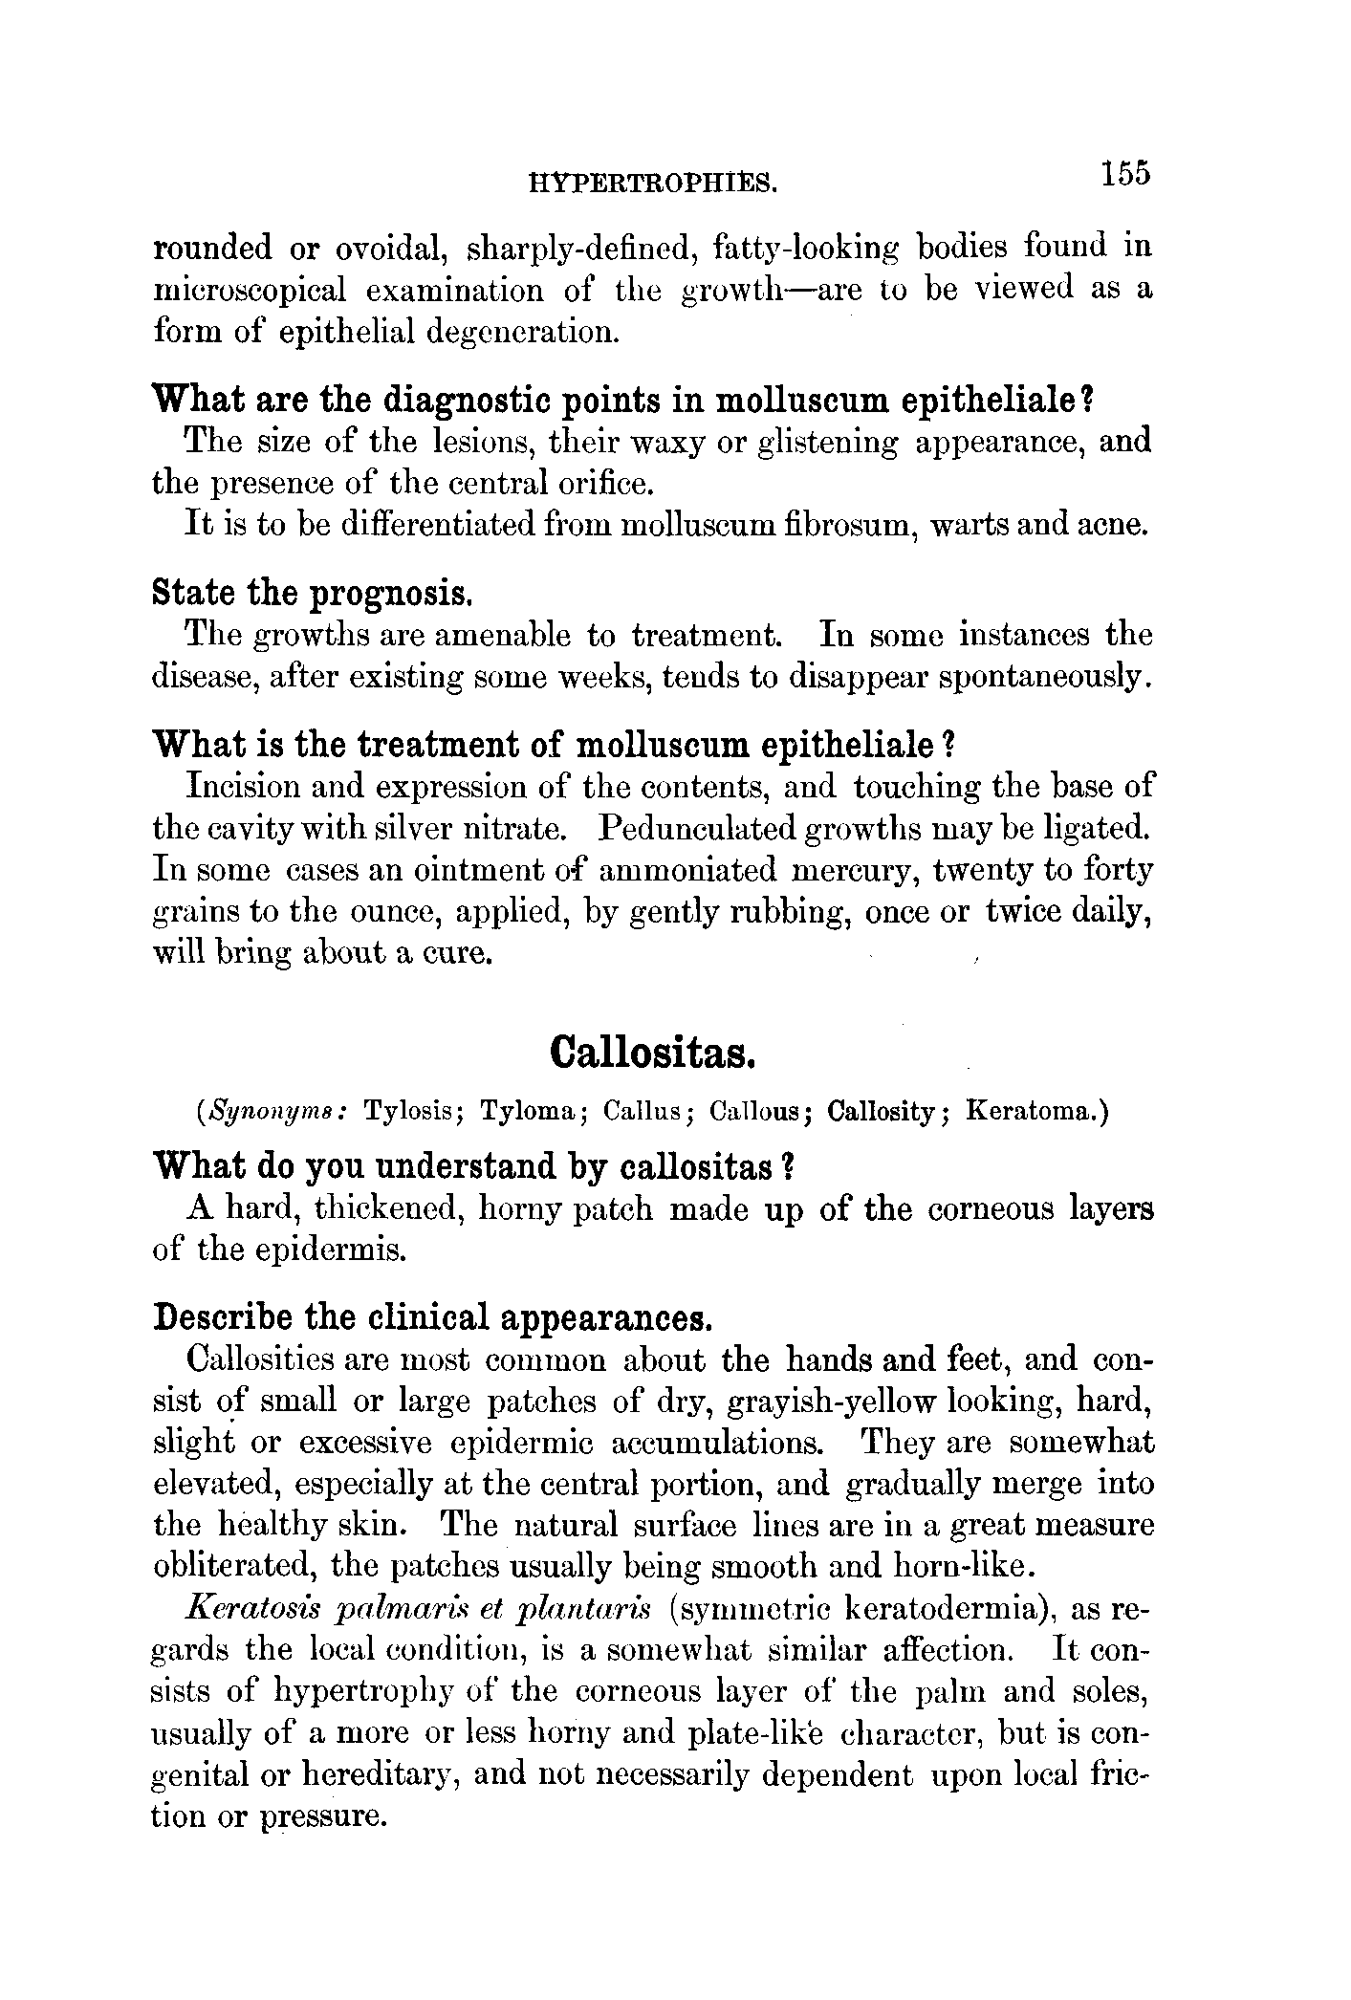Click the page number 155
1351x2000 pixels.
point(1124,174)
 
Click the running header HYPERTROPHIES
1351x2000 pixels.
point(652,181)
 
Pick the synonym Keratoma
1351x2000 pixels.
point(1035,1112)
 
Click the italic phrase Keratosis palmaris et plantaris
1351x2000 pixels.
point(420,1608)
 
